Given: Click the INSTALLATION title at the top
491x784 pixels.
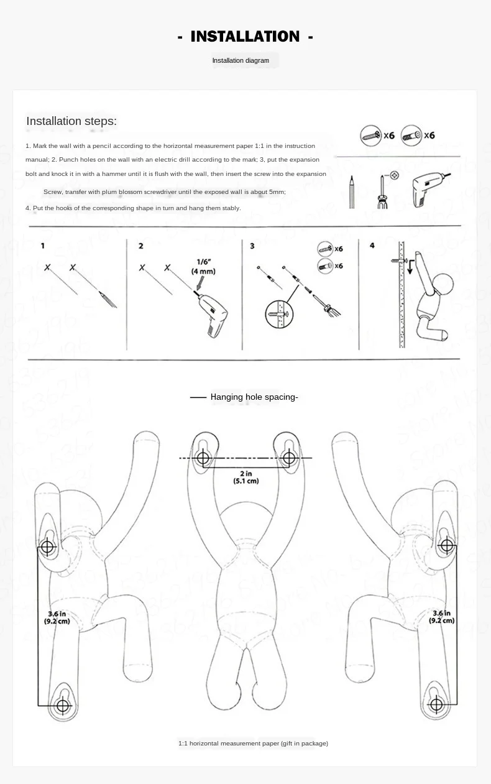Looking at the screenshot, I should (x=245, y=37).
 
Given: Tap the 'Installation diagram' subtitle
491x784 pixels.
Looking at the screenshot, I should (x=241, y=61).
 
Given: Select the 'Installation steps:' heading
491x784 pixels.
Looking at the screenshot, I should (x=71, y=121).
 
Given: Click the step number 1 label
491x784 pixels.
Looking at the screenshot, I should (x=43, y=246).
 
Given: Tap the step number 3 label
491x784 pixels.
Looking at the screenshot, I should (x=252, y=246).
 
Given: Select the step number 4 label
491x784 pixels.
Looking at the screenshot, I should (x=372, y=246).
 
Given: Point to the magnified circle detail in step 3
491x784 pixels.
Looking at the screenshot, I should (x=278, y=312).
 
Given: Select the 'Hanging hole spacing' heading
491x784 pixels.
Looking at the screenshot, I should (x=254, y=397).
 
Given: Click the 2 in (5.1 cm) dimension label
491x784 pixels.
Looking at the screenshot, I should (x=246, y=477).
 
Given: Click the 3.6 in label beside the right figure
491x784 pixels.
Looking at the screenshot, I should (x=443, y=617).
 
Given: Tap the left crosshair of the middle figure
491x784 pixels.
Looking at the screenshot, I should (x=203, y=459).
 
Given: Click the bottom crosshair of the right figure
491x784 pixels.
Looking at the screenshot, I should (x=436, y=705).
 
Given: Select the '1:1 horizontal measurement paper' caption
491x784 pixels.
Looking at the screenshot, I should (x=253, y=743).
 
